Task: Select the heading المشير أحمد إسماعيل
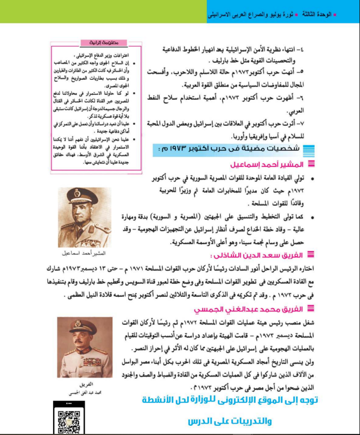coord(275,163)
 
